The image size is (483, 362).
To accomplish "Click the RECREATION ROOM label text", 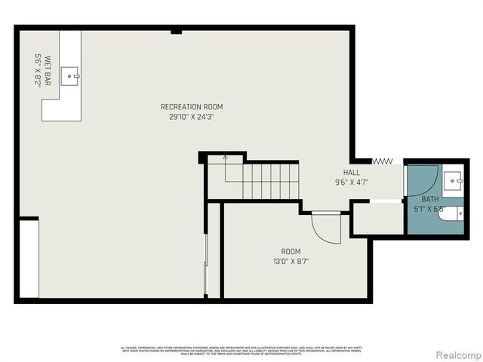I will coord(191,106).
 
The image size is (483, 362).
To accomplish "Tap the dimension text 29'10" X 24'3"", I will coord(191,117).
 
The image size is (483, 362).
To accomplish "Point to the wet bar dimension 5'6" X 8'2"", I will coord(37,71).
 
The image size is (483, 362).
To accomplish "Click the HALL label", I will coord(352,172).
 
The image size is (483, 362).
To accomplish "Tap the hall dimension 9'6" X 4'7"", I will coord(352,182).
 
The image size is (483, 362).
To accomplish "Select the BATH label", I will coord(430,199).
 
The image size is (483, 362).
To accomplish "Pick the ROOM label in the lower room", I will coord(291,251).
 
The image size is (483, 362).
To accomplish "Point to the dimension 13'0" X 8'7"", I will coord(291,262).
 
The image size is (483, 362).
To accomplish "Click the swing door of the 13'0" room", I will coord(325,227).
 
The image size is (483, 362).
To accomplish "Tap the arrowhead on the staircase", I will coord(225,158).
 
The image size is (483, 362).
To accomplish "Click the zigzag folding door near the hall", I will coord(383,161).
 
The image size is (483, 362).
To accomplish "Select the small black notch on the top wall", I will coord(176,31).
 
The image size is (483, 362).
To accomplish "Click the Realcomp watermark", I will coord(456,354).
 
